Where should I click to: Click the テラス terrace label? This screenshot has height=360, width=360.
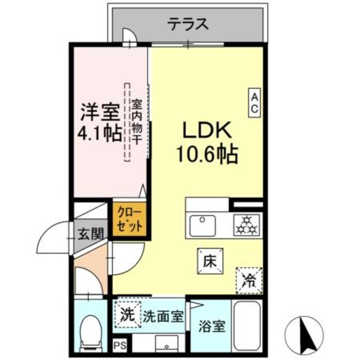pos(188,24)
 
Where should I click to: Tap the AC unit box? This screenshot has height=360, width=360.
pos(254,103)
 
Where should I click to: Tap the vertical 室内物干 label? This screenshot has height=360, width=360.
pos(137,121)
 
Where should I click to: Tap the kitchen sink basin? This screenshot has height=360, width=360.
pos(203,226)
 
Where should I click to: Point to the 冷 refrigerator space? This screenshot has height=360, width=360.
pos(249,279)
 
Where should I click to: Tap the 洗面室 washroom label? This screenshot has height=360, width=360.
pos(163,316)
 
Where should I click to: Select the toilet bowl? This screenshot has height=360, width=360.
pos(89,332)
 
